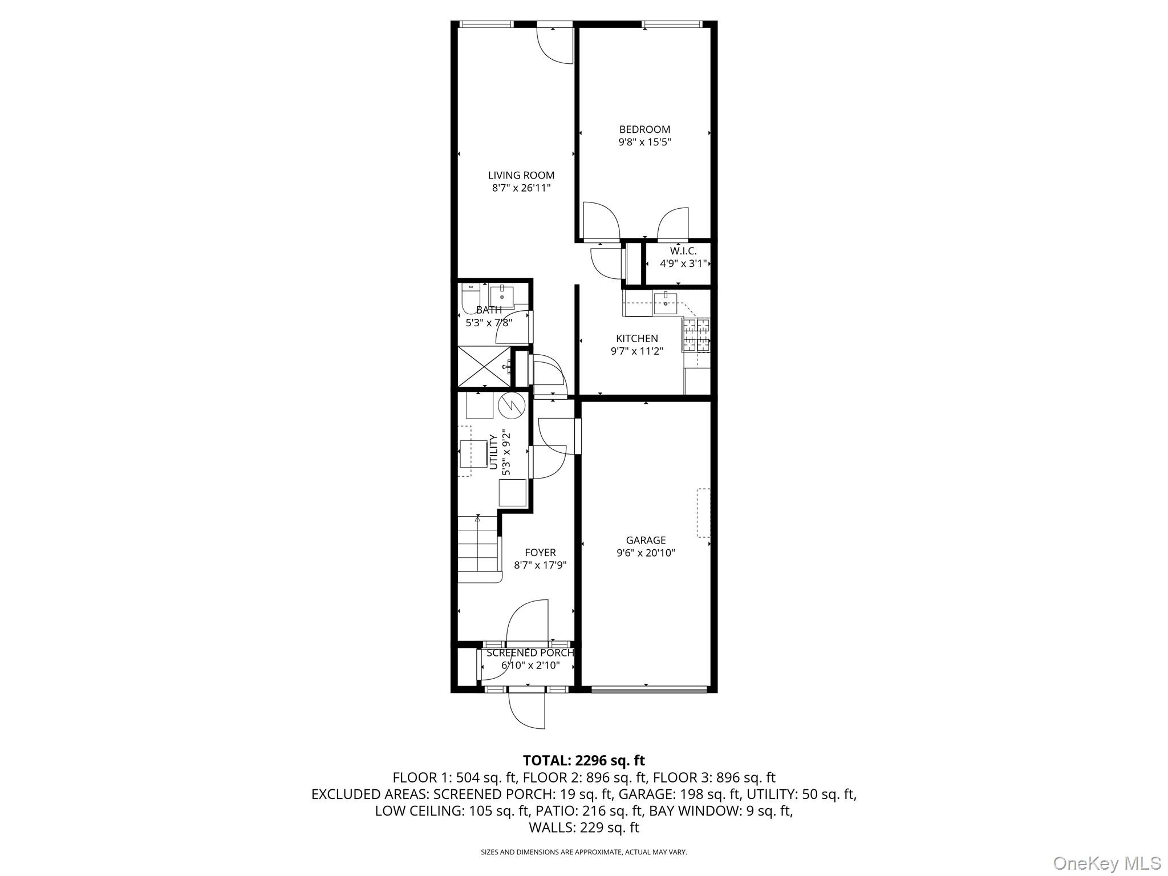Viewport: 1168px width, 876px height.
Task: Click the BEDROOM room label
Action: point(644,129)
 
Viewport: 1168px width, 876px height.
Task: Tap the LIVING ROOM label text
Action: point(521,176)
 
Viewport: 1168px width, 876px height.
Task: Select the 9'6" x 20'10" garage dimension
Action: point(646,553)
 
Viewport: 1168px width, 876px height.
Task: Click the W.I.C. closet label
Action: point(683,251)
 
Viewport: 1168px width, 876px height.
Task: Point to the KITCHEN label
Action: point(636,339)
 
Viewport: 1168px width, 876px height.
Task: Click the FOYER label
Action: point(540,553)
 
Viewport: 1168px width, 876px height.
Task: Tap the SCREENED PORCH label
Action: point(530,653)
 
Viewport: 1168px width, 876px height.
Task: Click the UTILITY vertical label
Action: point(493,452)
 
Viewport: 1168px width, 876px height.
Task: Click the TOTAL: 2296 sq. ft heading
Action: point(583,760)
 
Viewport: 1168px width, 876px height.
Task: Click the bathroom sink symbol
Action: point(502,297)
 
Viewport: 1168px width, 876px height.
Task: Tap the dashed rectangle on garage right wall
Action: point(703,513)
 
